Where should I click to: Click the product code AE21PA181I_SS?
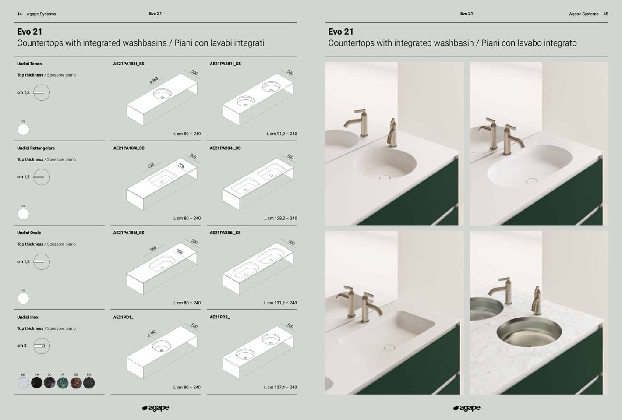pos(129,64)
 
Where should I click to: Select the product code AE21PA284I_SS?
pos(225,148)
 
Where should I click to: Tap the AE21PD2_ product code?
pos(219,317)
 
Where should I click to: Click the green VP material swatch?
pos(63,383)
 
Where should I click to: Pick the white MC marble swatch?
pos(23,383)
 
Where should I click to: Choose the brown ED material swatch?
pos(76,383)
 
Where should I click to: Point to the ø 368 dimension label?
pos(154,80)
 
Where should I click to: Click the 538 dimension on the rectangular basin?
pos(151,166)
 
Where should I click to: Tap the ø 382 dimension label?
pos(152,333)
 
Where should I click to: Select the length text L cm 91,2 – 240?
pos(282,134)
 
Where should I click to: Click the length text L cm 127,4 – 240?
pos(280,387)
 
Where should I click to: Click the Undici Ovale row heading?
pos(29,233)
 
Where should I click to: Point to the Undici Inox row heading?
pos(28,317)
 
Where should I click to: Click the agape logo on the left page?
pos(155,408)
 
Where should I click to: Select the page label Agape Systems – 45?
pos(588,14)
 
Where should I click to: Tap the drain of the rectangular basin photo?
pos(389,347)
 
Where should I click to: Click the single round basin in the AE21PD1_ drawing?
pos(161,346)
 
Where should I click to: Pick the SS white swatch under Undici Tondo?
pos(23,130)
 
